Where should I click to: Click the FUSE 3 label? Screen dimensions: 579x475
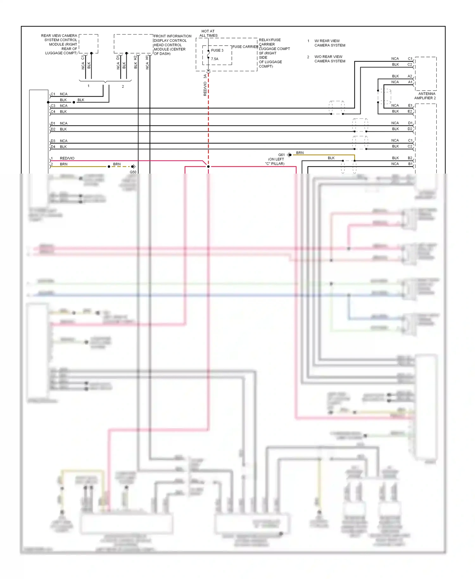217,50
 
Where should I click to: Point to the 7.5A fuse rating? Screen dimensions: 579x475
215,59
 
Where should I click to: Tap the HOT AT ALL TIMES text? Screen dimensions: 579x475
208,33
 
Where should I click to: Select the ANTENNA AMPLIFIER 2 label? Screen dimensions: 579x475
425,96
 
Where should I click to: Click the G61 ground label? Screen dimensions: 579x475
281,155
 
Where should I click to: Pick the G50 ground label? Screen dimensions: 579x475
133,172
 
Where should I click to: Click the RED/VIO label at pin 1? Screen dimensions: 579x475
67,158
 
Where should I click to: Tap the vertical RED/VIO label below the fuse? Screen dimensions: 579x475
205,89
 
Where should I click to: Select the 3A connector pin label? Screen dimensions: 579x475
205,76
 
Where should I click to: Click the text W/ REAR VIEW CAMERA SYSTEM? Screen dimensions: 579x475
329,43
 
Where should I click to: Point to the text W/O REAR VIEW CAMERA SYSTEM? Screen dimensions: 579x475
329,59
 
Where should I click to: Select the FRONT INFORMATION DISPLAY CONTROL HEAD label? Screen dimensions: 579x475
172,45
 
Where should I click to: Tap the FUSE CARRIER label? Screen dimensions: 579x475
245,47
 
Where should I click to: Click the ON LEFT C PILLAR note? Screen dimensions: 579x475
275,162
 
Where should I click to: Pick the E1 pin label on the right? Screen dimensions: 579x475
410,105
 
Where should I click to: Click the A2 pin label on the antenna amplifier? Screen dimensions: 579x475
410,76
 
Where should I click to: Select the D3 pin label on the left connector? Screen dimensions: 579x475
53,141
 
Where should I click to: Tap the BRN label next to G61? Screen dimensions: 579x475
300,153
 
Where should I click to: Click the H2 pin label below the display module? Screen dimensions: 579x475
136,58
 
